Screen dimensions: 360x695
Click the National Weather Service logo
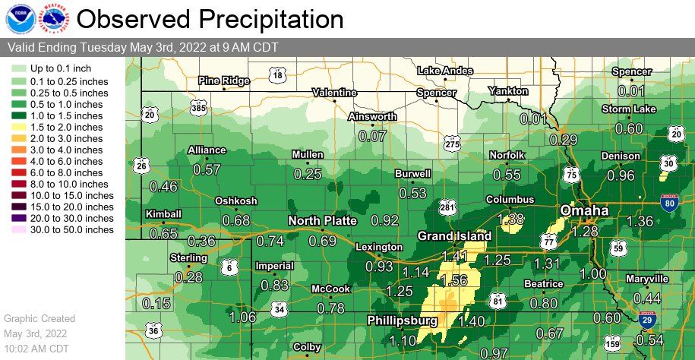coord(52,18)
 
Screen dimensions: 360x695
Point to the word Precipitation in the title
coord(255,18)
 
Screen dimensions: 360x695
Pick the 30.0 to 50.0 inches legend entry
coord(18,229)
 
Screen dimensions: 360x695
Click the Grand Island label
coord(455,236)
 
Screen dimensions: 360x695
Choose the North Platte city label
coord(322,220)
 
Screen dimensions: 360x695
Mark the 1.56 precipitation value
coord(453,279)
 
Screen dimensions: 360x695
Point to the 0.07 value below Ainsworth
coord(372,137)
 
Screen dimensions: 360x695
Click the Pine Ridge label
coord(223,81)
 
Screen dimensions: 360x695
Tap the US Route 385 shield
coord(198,109)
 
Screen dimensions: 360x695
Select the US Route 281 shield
coord(447,207)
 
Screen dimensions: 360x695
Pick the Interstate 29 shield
coord(647,320)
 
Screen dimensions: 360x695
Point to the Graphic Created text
coord(39,318)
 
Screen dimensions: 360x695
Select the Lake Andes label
coord(444,71)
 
